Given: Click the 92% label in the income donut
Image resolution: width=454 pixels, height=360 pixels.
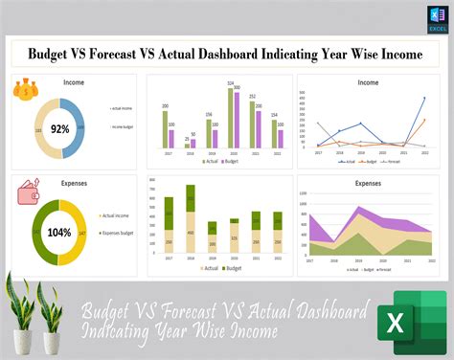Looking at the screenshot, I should (60, 127).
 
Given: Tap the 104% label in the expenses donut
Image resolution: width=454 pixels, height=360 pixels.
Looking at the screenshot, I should (59, 232).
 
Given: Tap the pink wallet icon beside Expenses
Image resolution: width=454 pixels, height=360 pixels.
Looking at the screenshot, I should (28, 194).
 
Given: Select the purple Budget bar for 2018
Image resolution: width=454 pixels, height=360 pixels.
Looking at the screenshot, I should (194, 144).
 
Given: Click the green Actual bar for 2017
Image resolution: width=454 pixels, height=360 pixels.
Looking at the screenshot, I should (166, 129).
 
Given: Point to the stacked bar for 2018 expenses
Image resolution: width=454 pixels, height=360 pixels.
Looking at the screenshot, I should (190, 220).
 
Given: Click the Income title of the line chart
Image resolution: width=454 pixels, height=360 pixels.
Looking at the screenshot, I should (367, 83).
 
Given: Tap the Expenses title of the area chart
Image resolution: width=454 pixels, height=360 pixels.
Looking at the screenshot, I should (367, 183).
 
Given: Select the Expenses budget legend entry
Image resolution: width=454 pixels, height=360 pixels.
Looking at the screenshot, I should (120, 233).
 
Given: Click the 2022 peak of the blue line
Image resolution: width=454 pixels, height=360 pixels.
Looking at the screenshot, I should (424, 98).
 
